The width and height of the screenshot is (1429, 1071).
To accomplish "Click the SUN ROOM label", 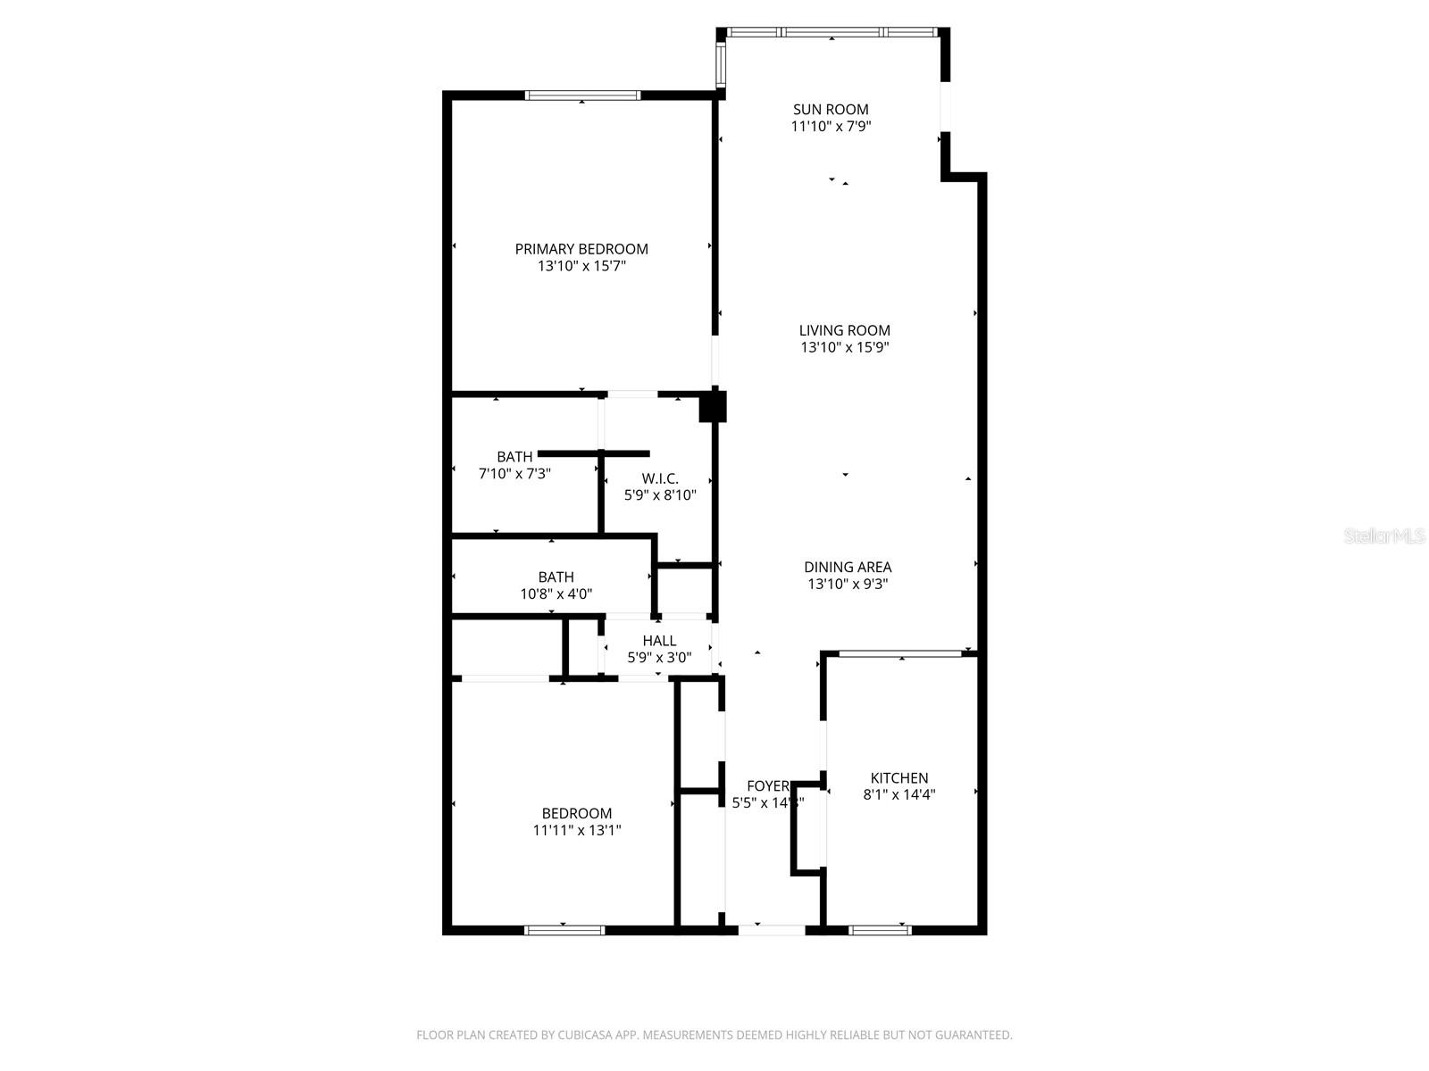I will pos(831,110).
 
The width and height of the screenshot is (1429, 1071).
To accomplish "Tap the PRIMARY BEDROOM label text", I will pos(581,249).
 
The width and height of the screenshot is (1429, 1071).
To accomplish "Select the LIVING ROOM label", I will pos(844,330).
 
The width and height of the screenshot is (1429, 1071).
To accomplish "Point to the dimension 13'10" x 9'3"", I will pos(848,585).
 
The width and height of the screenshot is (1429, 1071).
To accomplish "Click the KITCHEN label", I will pos(899,778).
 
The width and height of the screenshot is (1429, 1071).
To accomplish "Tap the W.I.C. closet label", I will pos(660,478).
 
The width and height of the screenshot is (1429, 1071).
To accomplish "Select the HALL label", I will pos(659,641).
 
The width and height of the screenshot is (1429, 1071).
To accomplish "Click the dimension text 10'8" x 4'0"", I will pos(556,594).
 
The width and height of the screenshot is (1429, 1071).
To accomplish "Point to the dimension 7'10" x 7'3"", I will pos(514,474).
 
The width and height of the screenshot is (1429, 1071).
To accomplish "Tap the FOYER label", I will pos(767,786).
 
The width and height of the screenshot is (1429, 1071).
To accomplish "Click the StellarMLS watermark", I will pos(1384,536).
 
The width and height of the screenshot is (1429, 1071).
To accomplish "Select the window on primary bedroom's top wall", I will pos(582,95).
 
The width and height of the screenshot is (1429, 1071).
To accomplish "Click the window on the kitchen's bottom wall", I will pos(880,930).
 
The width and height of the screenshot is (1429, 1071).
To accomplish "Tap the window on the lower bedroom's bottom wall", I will pos(564,930).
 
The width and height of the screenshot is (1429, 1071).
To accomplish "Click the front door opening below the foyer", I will pos(772,930).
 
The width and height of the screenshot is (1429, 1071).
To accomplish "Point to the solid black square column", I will pos(712,407).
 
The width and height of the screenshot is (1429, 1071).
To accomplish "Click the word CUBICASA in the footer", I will pos(584,1035).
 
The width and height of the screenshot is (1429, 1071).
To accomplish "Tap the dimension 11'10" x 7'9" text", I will pos(831,127).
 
